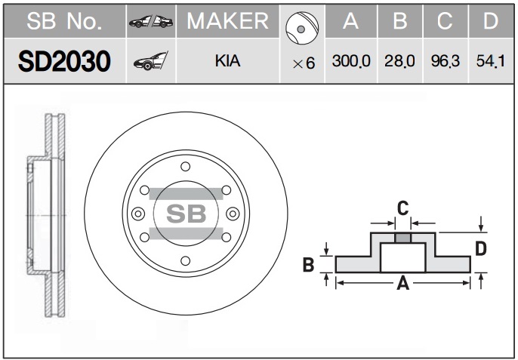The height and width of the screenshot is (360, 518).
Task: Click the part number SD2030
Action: (x=64, y=61)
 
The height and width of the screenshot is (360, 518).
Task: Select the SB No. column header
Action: (x=64, y=21)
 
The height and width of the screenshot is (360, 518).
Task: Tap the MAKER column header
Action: (x=227, y=21)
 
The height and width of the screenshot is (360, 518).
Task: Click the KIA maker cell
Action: (x=227, y=61)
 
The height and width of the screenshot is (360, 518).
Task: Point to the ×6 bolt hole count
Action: (x=304, y=63)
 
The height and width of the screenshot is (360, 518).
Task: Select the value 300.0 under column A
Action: (x=351, y=61)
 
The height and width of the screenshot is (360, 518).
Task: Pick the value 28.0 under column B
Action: (x=399, y=61)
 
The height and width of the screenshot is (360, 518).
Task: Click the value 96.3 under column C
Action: (x=446, y=61)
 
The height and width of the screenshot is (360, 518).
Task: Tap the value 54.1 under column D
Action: (x=491, y=61)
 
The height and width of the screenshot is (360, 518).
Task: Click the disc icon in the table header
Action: (x=301, y=28)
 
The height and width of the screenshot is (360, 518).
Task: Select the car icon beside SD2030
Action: (x=151, y=61)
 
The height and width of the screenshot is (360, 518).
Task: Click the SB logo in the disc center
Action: (x=186, y=214)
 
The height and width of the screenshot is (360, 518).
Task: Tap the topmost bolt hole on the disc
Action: (x=186, y=167)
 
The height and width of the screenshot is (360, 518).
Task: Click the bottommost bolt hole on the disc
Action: (x=186, y=261)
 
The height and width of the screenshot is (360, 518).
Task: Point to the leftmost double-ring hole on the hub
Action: (x=138, y=214)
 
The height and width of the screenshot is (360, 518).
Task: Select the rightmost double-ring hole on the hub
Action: (x=233, y=214)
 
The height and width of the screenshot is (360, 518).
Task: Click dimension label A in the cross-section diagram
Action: (x=403, y=283)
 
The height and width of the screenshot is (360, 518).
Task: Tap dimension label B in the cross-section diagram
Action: (x=308, y=265)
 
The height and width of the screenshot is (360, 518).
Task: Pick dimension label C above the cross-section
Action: (x=402, y=208)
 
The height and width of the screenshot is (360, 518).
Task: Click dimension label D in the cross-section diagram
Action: (x=481, y=249)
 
